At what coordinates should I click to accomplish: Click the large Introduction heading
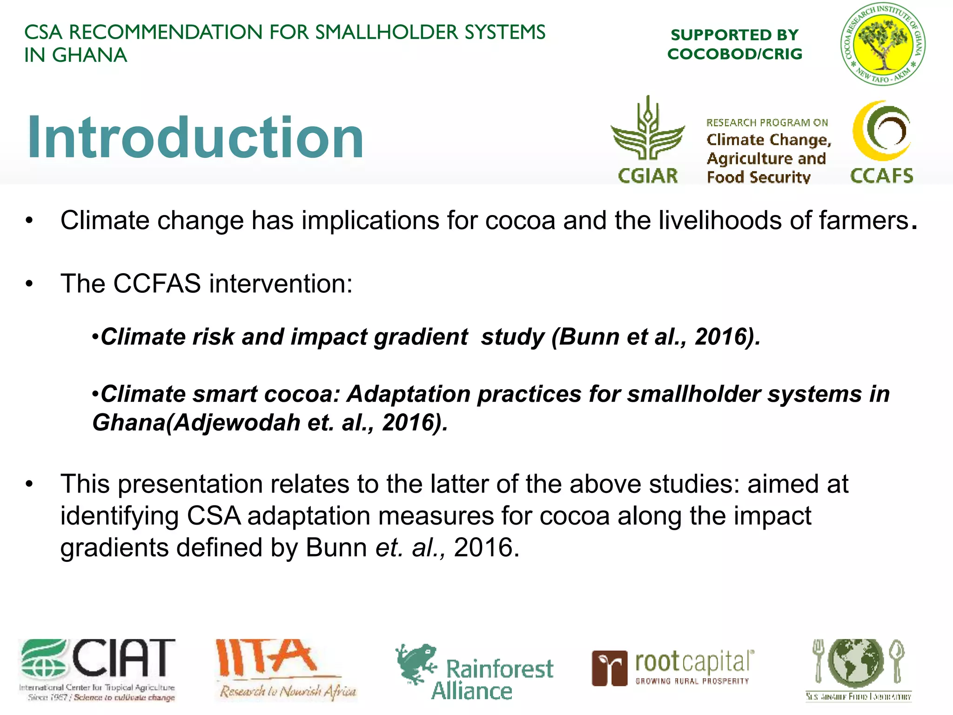click(195, 137)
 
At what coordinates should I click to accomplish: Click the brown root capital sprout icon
click(609, 668)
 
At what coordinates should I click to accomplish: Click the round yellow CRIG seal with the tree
click(882, 44)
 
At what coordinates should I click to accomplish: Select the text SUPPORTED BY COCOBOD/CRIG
click(735, 44)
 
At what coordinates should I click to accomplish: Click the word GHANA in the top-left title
click(89, 55)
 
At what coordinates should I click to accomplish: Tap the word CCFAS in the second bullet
click(157, 283)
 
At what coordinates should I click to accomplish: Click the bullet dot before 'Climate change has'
click(29, 221)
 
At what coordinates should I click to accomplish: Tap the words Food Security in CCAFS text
click(758, 177)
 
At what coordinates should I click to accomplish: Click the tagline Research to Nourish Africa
click(288, 691)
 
